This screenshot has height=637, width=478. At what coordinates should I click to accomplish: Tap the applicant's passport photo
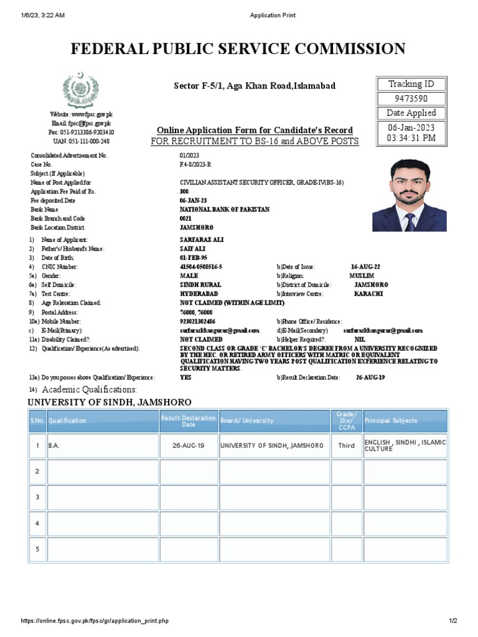pyautogui.click(x=409, y=195)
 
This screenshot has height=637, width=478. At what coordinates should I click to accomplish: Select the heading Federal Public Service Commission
pyautogui.click(x=238, y=49)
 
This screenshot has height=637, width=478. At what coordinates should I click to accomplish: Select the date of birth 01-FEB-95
pyautogui.click(x=192, y=258)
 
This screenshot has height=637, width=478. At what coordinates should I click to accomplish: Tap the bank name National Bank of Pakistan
pyautogui.click(x=225, y=210)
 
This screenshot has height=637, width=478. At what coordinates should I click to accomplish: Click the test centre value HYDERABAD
pyautogui.click(x=197, y=294)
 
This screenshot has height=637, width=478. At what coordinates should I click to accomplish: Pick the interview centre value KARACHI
pyautogui.click(x=368, y=294)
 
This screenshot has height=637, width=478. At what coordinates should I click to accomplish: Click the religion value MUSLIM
pyautogui.click(x=362, y=276)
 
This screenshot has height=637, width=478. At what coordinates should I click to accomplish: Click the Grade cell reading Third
pyautogui.click(x=346, y=446)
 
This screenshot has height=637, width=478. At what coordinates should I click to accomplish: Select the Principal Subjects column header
pyautogui.click(x=391, y=421)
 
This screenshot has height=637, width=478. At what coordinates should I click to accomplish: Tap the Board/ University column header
pyautogui.click(x=247, y=421)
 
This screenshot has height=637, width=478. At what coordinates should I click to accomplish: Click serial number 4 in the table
pyautogui.click(x=37, y=523)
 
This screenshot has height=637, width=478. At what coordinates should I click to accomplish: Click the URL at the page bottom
pyautogui.click(x=95, y=621)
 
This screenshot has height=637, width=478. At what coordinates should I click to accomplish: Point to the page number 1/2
pyautogui.click(x=453, y=621)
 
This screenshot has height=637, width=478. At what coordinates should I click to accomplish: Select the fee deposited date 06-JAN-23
pyautogui.click(x=193, y=201)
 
